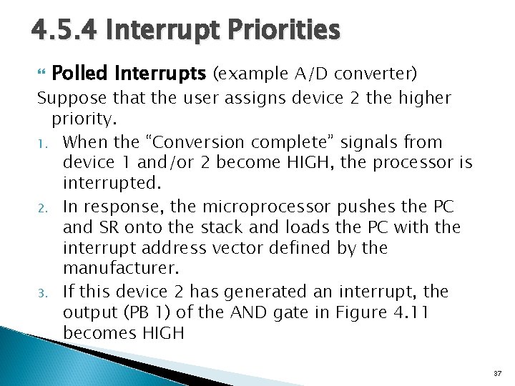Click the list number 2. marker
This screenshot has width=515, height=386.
[43, 208]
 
